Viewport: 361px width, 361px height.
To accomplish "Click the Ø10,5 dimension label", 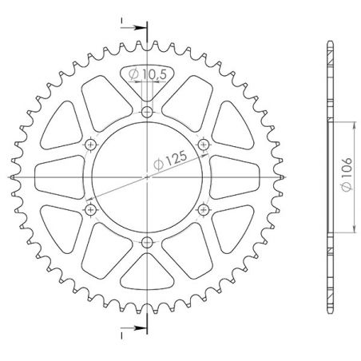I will coord(147,75).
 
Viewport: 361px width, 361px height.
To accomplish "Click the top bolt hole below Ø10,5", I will coord(147,111).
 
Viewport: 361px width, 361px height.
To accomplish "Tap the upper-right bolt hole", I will coord(204,144).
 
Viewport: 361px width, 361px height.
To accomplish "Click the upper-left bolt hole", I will coord(90,144).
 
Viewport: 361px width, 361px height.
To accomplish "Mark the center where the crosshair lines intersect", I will coord(147,177).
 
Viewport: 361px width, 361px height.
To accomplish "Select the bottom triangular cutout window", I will coord(147,276).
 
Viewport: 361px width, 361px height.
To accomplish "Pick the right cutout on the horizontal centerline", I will coord(232,177).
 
